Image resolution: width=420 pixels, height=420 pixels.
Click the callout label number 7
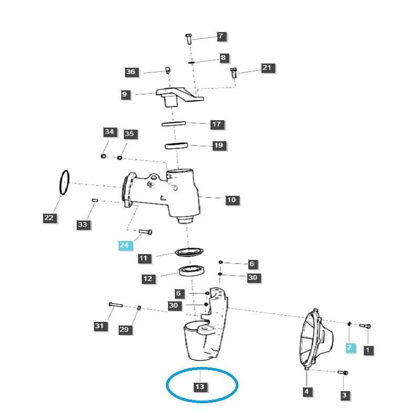pos(220,36)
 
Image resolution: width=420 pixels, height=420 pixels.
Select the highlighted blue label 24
pos(124,245)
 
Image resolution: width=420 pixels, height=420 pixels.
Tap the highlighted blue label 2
pos(350,348)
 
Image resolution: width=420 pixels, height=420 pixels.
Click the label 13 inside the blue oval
pos(199,387)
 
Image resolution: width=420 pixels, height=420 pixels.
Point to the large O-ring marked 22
pos(63,183)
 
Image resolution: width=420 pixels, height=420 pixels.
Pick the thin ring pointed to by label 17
pos(174,124)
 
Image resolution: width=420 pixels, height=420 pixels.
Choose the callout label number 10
pos(232,200)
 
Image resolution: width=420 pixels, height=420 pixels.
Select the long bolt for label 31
pos(115,304)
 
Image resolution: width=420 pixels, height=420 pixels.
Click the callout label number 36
pos(131,72)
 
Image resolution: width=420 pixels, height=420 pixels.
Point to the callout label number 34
pos(109,131)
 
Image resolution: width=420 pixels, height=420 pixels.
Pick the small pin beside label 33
pos(94,200)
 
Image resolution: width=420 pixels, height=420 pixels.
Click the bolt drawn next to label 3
pos(343,373)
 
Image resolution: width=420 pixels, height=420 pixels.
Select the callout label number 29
pos(124,329)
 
